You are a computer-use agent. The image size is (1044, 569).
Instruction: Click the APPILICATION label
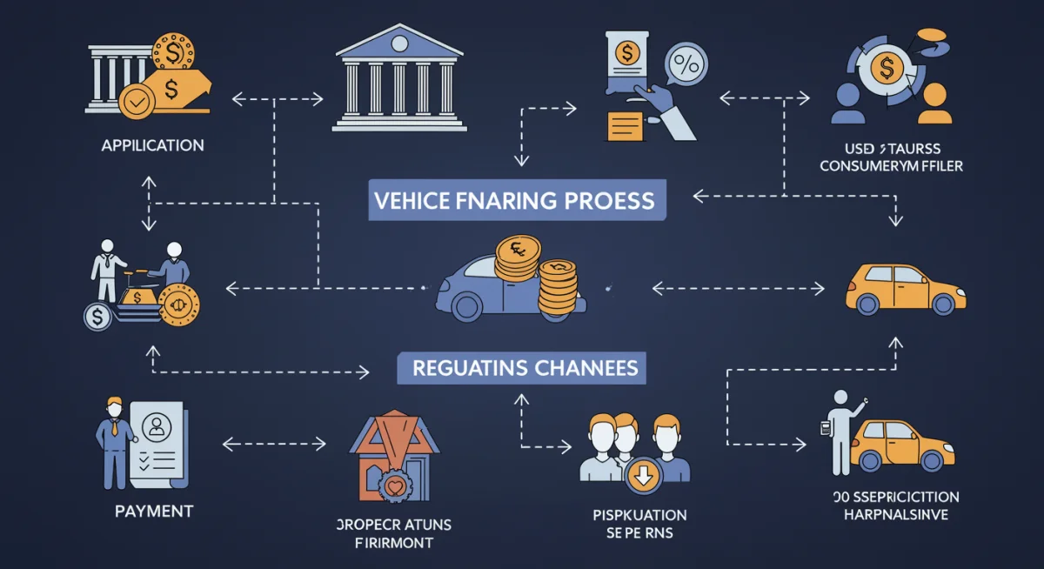(x=153, y=144)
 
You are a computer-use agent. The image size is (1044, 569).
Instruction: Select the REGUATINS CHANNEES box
(x=525, y=367)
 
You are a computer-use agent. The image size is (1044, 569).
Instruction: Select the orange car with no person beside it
(x=905, y=290)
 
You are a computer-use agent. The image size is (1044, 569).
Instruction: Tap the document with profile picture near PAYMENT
(x=157, y=444)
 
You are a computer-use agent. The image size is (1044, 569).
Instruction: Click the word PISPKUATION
(x=632, y=514)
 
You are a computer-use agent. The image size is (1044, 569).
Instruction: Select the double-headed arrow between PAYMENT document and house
(x=274, y=444)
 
